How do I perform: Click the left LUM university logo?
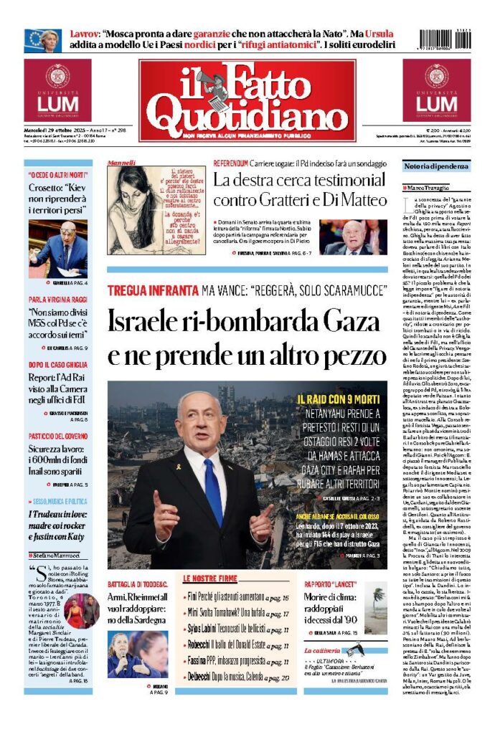pos(57,90)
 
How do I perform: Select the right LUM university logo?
pos(436,90)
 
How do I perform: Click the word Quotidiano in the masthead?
pos(247,112)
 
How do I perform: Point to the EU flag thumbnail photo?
pos(42,40)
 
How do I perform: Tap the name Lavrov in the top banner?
pos(85,34)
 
